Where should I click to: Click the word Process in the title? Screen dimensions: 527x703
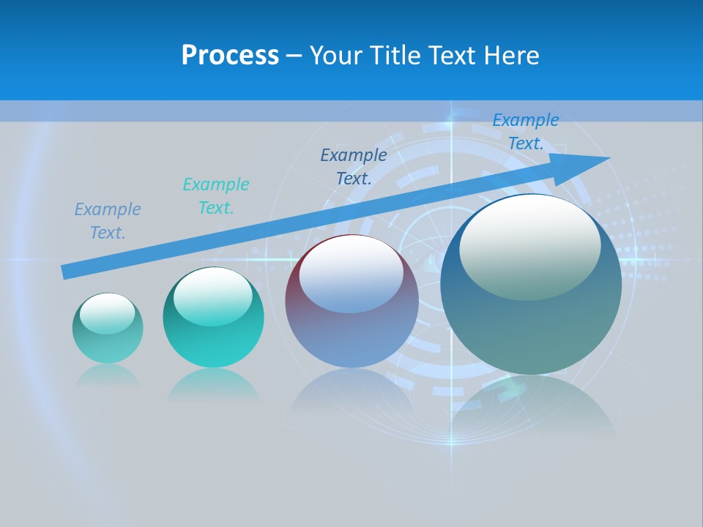230,56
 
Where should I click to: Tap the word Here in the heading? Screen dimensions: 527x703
510,56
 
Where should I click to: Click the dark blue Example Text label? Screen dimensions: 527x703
354,166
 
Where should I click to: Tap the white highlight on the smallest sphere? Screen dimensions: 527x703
107,313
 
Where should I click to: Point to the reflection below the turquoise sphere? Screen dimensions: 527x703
213,384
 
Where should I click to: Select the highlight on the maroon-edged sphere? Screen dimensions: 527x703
351,274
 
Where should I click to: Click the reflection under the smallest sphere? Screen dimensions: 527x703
108,375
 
